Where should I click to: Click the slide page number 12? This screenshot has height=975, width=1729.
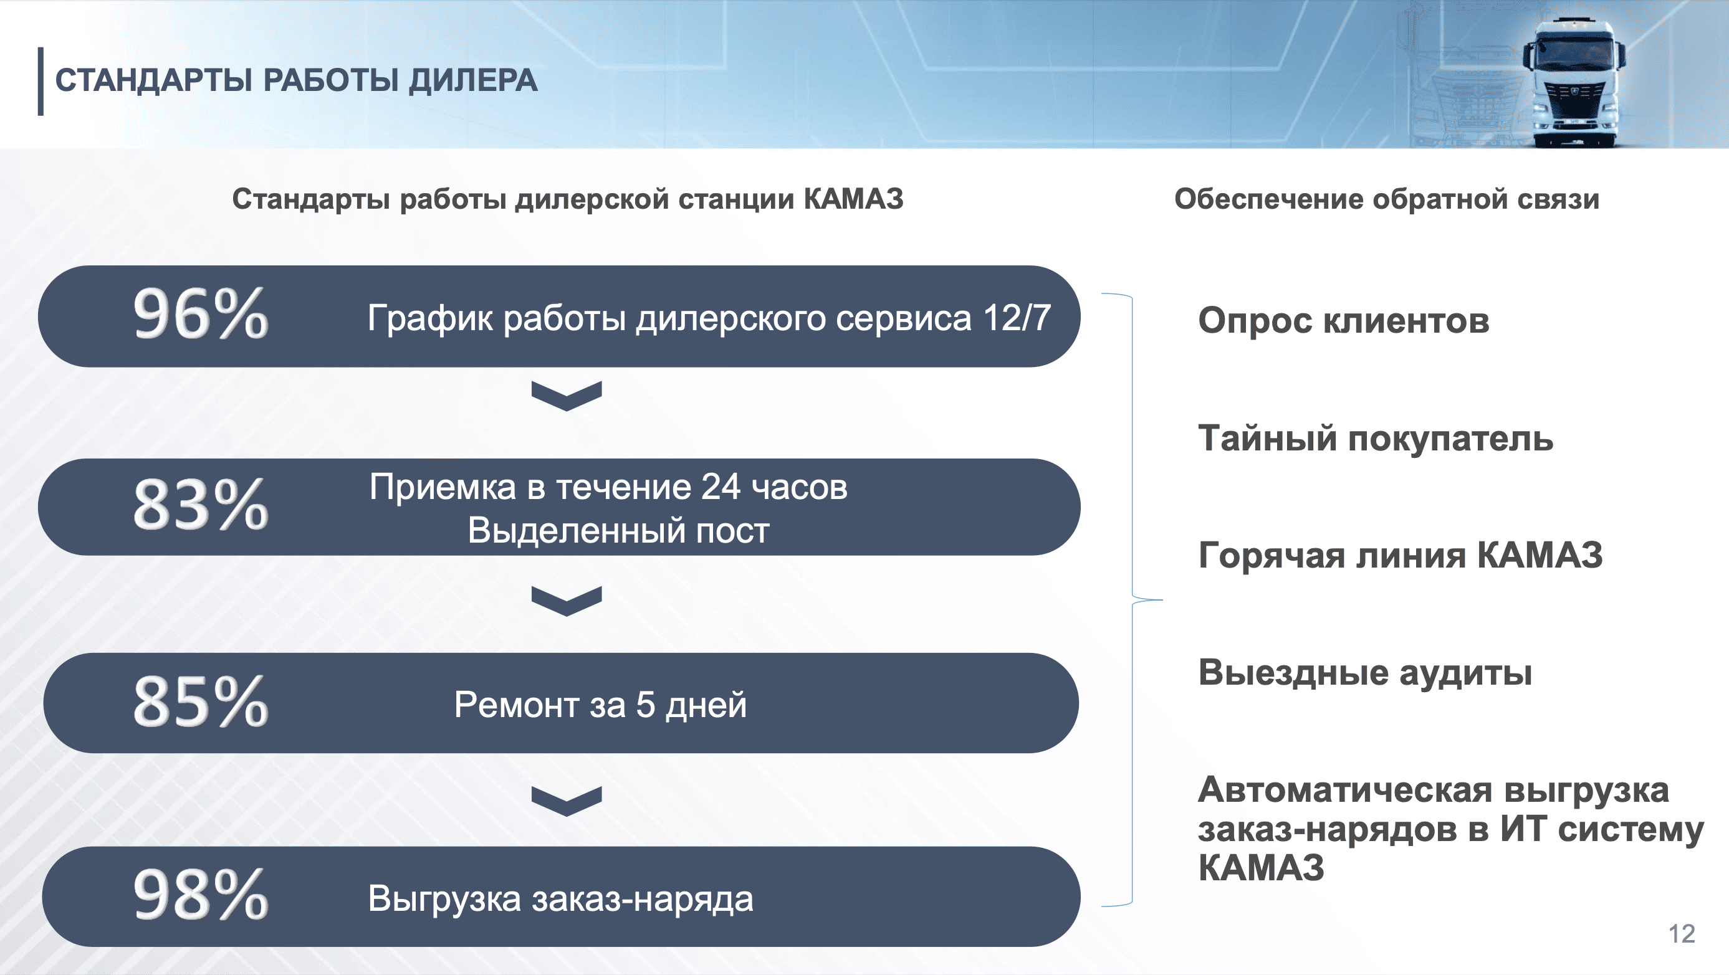click(x=1682, y=933)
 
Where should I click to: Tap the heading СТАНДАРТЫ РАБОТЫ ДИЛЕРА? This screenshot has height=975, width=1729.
click(x=296, y=80)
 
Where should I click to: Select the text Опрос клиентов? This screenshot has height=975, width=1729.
click(x=1344, y=321)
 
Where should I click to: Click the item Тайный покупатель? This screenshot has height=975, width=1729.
click(x=1376, y=439)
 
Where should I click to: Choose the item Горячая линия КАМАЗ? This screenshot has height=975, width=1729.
click(x=1401, y=556)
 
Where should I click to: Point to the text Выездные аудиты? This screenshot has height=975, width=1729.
click(x=1365, y=673)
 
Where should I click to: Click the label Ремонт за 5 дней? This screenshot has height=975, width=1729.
click(x=600, y=705)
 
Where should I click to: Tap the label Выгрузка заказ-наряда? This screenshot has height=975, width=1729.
click(x=560, y=899)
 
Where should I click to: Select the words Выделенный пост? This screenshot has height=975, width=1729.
click(x=618, y=531)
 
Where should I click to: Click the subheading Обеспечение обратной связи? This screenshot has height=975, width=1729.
click(x=1387, y=199)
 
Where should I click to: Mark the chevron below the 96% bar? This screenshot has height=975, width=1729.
click(x=567, y=396)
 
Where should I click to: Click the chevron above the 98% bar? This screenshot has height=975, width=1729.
click(x=567, y=801)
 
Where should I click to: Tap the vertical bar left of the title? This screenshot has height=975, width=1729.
click(x=41, y=81)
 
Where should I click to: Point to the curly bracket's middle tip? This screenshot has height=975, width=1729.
click(x=1162, y=599)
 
